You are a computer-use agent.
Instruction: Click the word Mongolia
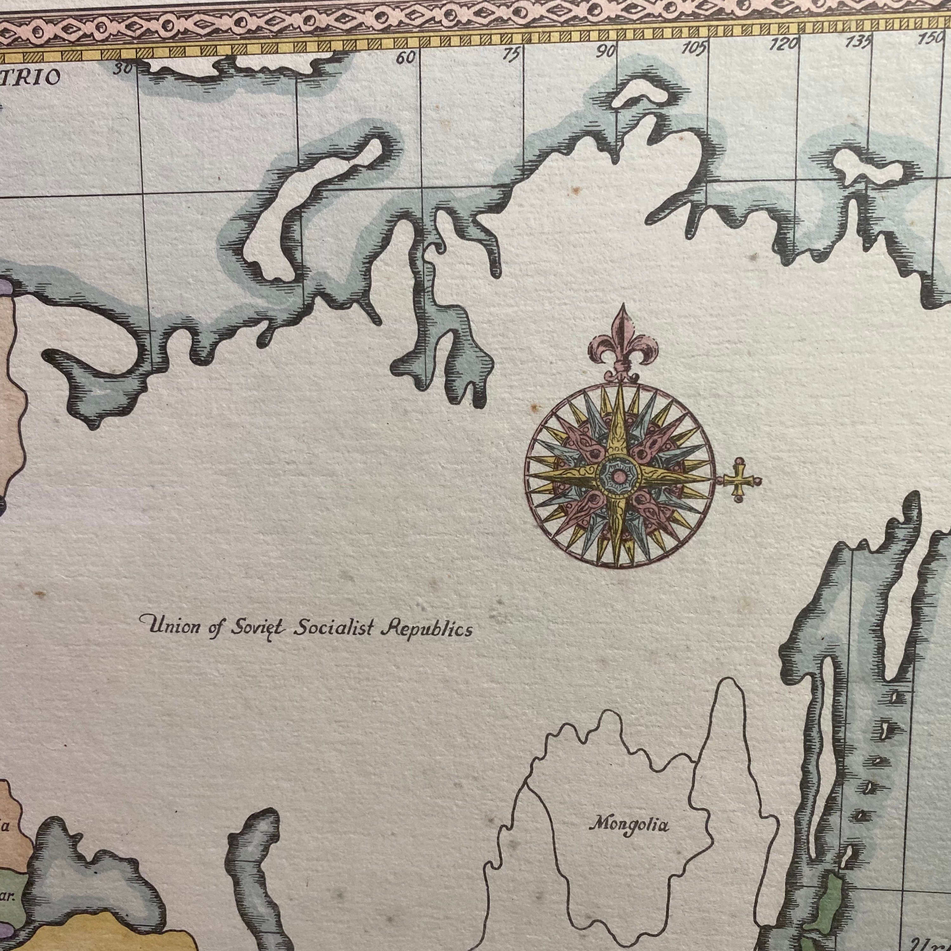(630, 824)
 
